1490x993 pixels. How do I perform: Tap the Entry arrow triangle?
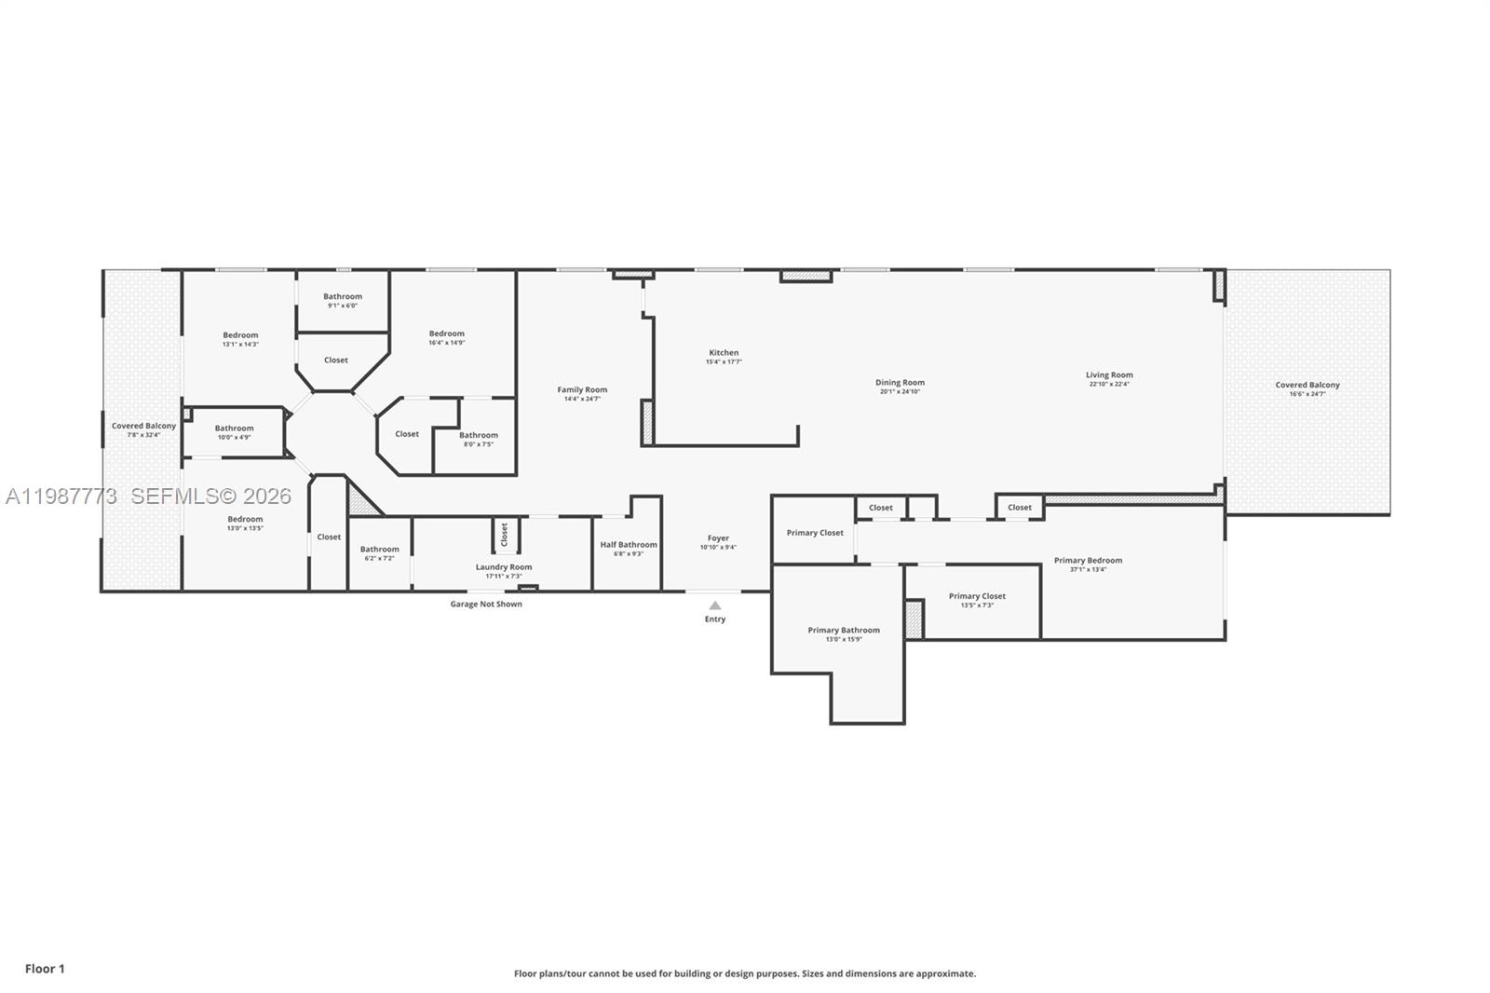coord(715,605)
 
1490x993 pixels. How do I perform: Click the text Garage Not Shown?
coord(486,604)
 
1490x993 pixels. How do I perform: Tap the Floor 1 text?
coord(45,969)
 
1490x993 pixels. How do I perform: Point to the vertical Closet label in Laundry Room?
coord(505,535)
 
